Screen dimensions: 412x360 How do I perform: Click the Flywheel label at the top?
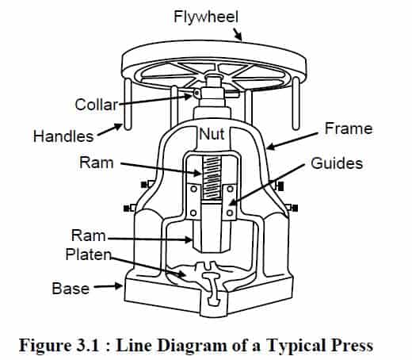(x=206, y=17)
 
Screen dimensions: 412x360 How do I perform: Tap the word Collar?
(x=97, y=105)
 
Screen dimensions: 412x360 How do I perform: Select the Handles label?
(x=63, y=136)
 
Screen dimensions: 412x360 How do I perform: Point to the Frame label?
(x=349, y=128)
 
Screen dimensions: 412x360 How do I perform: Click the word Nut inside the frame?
(x=212, y=134)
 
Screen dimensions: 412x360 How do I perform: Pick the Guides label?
(x=337, y=163)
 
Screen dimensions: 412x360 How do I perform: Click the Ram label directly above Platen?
(x=89, y=236)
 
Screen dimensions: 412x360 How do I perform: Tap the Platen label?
(x=88, y=255)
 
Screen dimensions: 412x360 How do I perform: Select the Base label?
(x=71, y=288)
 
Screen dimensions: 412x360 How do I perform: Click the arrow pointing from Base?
(x=109, y=286)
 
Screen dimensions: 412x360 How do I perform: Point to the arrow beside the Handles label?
(x=109, y=130)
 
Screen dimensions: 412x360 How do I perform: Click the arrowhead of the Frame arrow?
(x=271, y=146)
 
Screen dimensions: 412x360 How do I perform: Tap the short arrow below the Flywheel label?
(x=238, y=35)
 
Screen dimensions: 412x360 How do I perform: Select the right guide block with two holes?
(x=230, y=202)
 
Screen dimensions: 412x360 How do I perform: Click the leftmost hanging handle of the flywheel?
(x=128, y=104)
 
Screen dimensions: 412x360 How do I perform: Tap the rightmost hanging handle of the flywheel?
(x=296, y=104)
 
